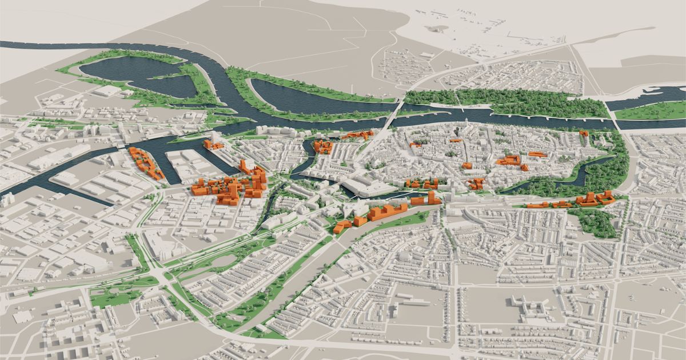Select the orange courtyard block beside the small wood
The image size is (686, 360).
[x=595, y=199]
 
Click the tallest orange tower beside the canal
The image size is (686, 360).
[x=430, y=197]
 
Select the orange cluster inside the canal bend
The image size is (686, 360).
[x=322, y=146]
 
